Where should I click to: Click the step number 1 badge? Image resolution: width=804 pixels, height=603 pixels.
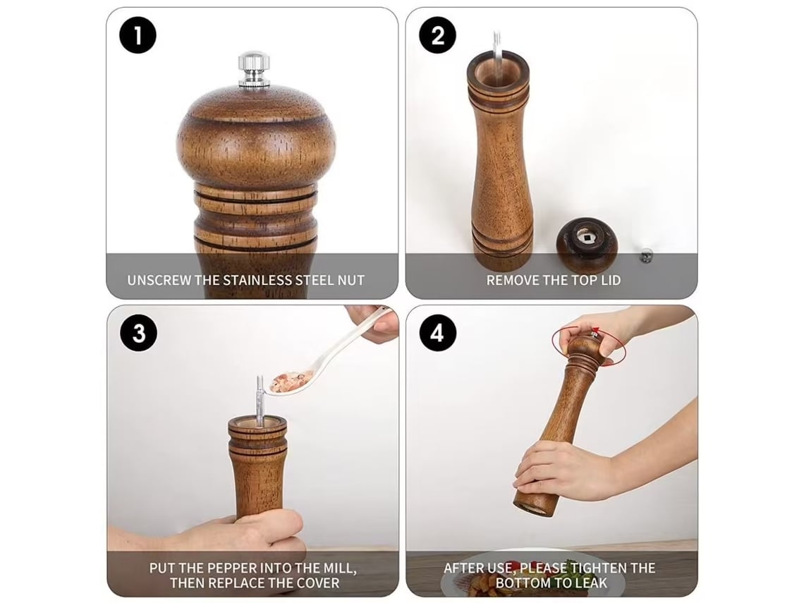click(138, 36)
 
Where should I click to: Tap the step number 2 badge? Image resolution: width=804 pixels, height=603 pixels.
click(437, 36)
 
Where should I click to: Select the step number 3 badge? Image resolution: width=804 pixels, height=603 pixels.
click(138, 334)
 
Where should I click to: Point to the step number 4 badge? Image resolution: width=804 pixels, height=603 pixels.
click(437, 334)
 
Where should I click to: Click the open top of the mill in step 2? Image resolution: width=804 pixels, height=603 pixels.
click(498, 71)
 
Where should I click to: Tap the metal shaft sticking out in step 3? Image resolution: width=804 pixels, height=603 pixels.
click(260, 399)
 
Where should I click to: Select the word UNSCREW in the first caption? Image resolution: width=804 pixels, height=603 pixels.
click(159, 281)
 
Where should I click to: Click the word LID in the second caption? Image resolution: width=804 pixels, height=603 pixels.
click(609, 281)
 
